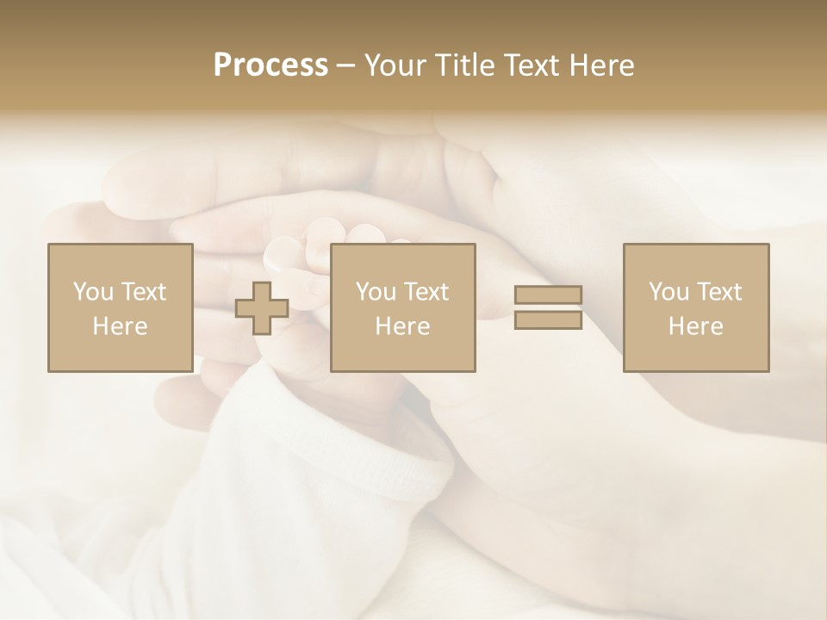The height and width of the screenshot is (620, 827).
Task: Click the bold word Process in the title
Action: (x=270, y=65)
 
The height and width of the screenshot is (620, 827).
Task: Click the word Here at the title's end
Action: (x=603, y=65)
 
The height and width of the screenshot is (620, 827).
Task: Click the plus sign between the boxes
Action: (x=262, y=308)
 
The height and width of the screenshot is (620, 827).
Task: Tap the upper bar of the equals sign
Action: (x=548, y=295)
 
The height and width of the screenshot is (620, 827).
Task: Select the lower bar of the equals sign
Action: (x=548, y=320)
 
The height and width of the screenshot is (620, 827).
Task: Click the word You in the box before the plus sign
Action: (x=92, y=292)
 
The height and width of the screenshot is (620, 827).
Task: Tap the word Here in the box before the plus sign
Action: (x=120, y=326)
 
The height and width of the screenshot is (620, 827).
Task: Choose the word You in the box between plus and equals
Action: (x=375, y=292)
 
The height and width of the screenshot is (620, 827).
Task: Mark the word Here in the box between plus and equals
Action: (x=402, y=326)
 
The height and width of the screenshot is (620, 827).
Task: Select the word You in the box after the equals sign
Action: (x=668, y=292)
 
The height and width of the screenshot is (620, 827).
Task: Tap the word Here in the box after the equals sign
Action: (x=695, y=326)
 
